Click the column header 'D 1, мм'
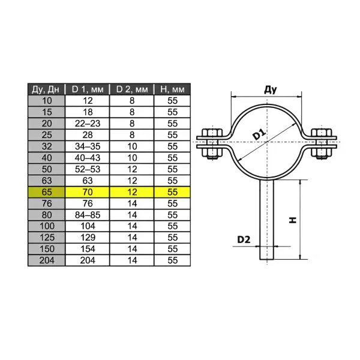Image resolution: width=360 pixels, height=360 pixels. (x=87, y=89)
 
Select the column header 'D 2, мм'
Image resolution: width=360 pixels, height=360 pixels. (x=131, y=89)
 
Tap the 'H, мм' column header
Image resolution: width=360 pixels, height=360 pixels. (x=173, y=89)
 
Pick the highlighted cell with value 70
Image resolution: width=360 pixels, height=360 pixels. (x=87, y=192)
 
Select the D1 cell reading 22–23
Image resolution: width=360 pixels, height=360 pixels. (x=87, y=124)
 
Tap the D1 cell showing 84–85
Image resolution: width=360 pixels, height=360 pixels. (x=87, y=215)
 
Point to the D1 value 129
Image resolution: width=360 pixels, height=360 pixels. (x=87, y=238)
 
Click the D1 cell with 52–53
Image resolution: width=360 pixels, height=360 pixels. (x=87, y=169)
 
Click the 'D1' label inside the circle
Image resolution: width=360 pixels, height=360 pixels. (x=260, y=134)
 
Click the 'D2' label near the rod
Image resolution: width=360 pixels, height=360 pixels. (x=243, y=239)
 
